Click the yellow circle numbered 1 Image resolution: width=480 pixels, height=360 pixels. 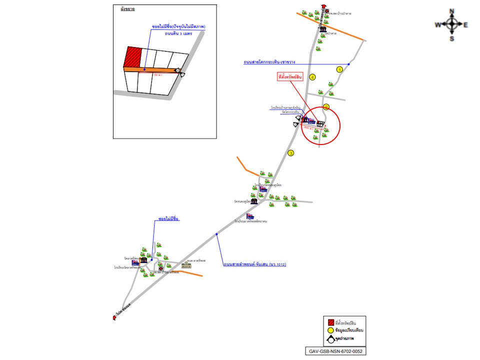point(340,69)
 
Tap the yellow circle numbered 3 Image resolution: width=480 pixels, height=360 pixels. point(291,153)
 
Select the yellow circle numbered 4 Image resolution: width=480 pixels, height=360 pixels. point(312,77)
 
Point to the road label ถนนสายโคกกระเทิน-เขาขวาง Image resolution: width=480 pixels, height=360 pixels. point(269,62)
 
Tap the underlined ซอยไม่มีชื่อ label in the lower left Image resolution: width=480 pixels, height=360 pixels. point(168,219)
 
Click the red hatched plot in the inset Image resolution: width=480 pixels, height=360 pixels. point(133,57)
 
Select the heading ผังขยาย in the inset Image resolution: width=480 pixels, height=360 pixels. point(127,9)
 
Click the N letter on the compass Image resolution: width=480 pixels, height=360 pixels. point(451,11)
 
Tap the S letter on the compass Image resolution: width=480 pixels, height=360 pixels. point(451,38)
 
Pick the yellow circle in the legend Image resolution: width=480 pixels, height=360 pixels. point(330,331)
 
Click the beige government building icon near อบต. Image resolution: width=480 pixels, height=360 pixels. point(186,265)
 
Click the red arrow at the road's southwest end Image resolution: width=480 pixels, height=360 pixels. point(114,316)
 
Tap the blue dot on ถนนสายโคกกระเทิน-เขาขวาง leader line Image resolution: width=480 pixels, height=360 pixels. point(348,64)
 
